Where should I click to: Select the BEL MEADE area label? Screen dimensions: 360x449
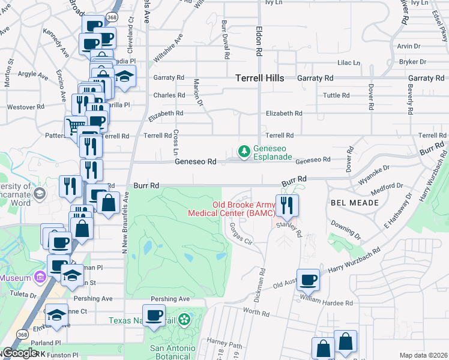tap(354, 203)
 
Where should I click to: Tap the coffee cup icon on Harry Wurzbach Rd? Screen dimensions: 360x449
tap(309, 280)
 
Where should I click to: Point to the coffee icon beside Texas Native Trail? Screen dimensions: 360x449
tap(154, 316)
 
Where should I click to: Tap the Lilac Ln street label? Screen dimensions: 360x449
tap(348, 62)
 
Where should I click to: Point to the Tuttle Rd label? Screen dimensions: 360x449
tap(336, 95)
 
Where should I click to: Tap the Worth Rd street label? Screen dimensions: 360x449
tap(256, 313)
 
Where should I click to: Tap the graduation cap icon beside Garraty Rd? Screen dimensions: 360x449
tap(125, 76)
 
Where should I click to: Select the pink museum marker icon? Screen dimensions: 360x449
tap(40, 277)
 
